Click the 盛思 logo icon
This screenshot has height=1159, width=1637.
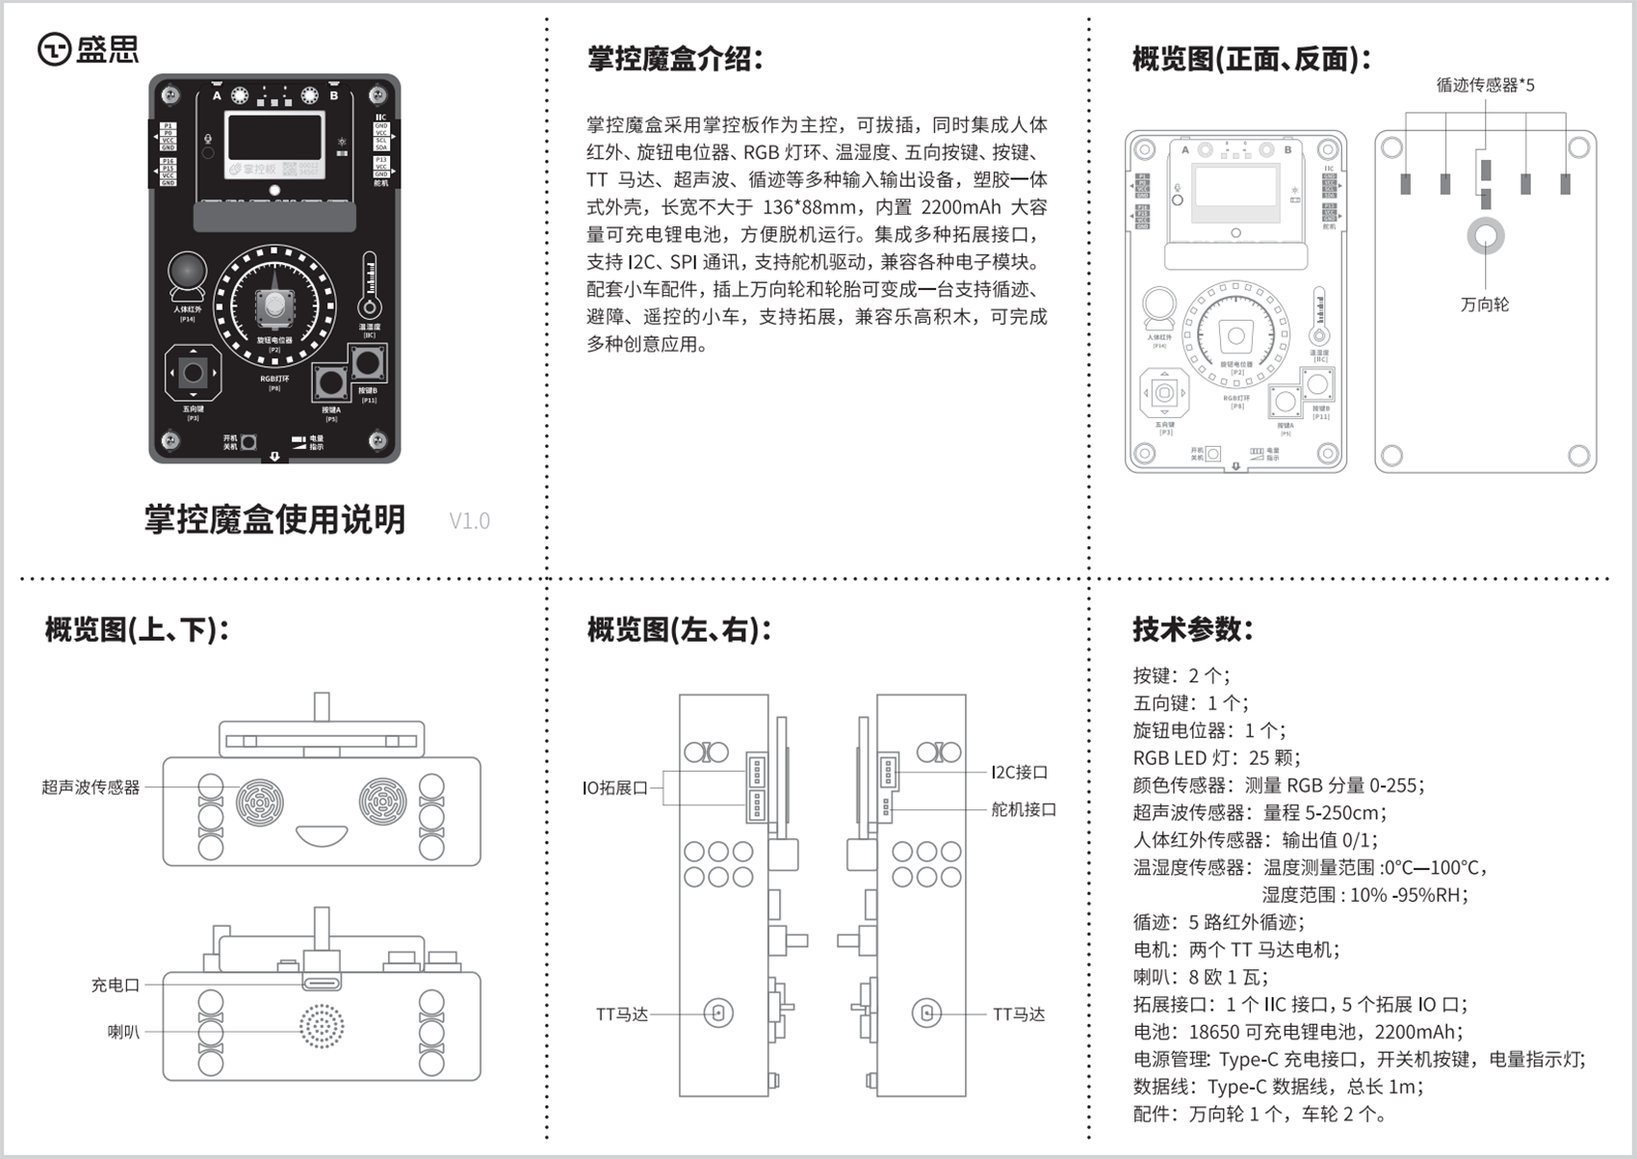pos(54,49)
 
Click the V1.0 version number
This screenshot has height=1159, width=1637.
pos(469,521)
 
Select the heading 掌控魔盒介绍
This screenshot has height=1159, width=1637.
pos(675,59)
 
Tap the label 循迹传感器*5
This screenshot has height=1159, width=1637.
pos(1485,85)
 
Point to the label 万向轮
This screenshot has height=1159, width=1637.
pos(1485,304)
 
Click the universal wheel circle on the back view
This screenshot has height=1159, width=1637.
pos(1485,236)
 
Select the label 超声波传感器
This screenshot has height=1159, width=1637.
pos(91,787)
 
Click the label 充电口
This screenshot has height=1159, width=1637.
pos(116,985)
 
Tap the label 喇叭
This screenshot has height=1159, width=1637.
pos(123,1032)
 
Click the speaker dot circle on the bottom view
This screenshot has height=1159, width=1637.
pos(322,1027)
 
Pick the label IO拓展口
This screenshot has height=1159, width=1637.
pos(615,788)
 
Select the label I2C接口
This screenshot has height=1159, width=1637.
pos(1019,772)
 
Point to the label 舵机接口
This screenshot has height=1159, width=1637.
pos(1024,809)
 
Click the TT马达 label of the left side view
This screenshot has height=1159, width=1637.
pos(622,1014)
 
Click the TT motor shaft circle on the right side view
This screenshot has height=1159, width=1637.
pos(926,1013)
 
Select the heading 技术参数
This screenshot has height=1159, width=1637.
pos(1192,629)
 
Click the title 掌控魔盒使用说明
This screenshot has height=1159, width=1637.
pos(274,519)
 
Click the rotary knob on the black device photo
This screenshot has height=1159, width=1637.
pos(275,306)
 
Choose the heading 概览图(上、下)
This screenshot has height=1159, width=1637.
pos(137,630)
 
